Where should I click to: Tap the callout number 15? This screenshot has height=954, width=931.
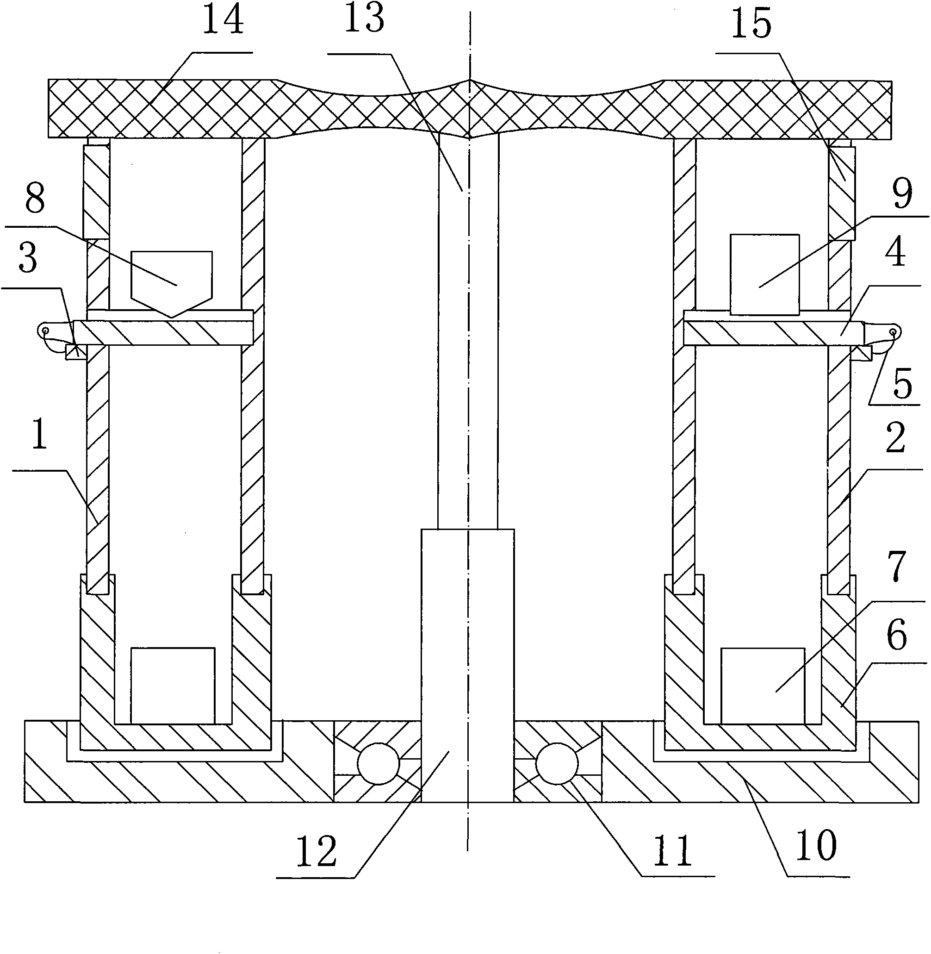[751, 24]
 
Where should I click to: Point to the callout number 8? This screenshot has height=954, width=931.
[35, 199]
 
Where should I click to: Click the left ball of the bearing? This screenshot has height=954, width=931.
[379, 763]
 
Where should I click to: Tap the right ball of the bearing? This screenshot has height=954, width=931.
[557, 763]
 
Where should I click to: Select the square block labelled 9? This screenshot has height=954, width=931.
[765, 274]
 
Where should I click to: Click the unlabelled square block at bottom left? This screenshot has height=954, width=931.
[173, 686]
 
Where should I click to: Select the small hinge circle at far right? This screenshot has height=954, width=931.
[893, 332]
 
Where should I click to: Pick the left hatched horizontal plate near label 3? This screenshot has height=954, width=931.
[163, 333]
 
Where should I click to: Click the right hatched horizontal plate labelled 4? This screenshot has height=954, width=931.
[774, 333]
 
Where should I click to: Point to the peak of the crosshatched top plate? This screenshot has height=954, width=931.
[469, 80]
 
